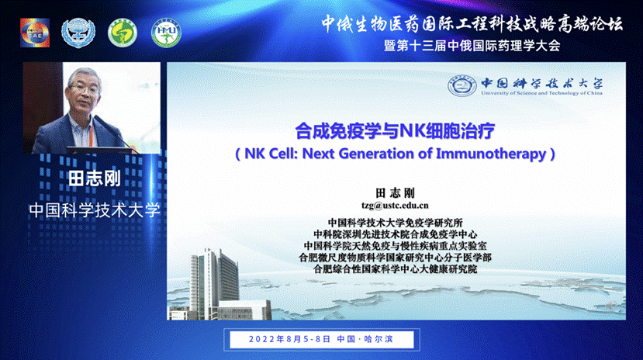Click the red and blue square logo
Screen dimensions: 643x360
(x=35, y=33)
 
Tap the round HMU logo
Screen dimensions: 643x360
(x=166, y=33)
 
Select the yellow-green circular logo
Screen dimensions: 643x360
(x=123, y=33)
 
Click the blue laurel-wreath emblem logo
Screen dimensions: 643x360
(x=78, y=33)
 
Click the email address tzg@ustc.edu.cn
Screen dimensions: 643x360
(x=395, y=206)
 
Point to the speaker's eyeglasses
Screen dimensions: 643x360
(x=85, y=88)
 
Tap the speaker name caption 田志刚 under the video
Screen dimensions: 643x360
(x=95, y=179)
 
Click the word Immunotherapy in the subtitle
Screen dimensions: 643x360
(x=491, y=154)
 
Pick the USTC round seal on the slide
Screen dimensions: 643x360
(x=462, y=85)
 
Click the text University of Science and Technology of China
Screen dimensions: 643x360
(x=541, y=93)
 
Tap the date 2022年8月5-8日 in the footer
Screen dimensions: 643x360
(x=289, y=339)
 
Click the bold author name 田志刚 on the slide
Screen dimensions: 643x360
(x=395, y=192)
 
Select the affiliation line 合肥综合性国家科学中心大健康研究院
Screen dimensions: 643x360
(x=395, y=269)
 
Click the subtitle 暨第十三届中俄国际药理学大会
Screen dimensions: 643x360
(x=472, y=46)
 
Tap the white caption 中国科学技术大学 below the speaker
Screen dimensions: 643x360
(x=95, y=210)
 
